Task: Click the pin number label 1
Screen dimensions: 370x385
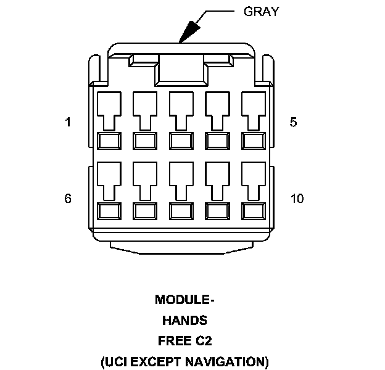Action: [68, 122]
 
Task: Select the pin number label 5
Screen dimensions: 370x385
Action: [293, 122]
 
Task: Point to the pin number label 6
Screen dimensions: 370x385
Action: [68, 199]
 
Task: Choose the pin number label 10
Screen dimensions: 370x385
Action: [297, 199]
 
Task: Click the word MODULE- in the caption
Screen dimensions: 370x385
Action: [184, 300]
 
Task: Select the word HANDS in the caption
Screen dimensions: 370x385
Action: [184, 321]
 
